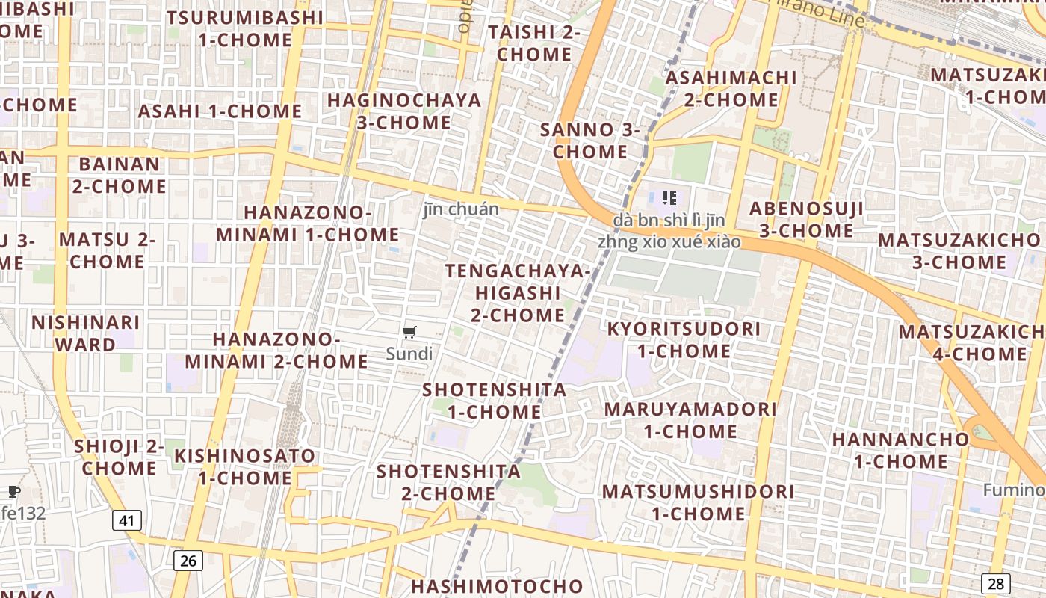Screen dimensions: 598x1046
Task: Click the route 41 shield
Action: click(127, 520)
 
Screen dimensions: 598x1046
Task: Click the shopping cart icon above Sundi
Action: click(409, 332)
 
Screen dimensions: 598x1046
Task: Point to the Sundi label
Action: click(409, 354)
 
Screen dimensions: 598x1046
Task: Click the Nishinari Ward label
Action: click(86, 333)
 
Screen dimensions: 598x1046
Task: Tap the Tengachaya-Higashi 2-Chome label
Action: click(518, 292)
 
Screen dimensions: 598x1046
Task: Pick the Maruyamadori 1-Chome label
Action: click(690, 420)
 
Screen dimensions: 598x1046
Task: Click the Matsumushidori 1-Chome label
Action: click(699, 502)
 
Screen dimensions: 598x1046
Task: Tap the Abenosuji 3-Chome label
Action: click(806, 219)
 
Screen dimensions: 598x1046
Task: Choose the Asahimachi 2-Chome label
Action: click(731, 88)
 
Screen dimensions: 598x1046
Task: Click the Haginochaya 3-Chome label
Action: click(404, 111)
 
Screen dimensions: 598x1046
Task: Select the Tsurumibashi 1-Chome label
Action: click(245, 28)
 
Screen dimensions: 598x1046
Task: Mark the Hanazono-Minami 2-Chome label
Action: click(276, 350)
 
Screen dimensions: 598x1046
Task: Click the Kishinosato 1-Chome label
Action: click(245, 466)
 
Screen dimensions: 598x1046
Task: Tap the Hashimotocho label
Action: click(497, 586)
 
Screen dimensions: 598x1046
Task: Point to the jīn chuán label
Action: click(461, 209)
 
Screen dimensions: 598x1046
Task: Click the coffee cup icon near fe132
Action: click(13, 491)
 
